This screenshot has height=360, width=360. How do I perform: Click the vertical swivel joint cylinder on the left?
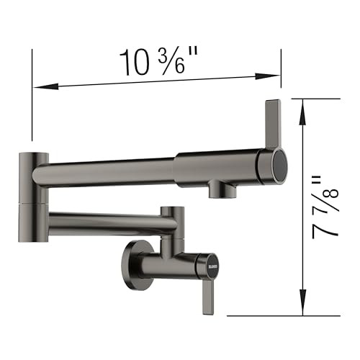tap(33, 195)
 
